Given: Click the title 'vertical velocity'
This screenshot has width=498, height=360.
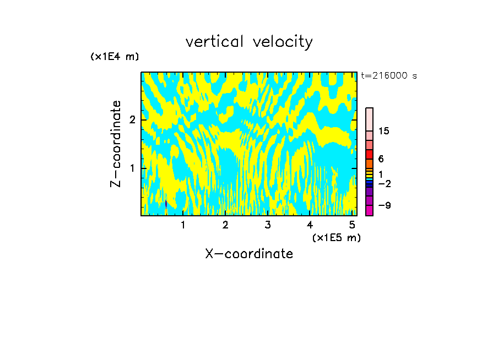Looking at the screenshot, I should [249, 42].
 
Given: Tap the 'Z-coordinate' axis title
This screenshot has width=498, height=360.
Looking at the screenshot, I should [116, 144].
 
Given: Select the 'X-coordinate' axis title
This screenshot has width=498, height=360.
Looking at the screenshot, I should [249, 254].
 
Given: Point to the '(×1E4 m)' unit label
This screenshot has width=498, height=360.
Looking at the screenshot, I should [115, 57].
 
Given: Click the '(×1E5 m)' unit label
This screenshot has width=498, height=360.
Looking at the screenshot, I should [336, 237].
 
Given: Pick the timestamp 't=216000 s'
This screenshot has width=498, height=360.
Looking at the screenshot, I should [389, 76].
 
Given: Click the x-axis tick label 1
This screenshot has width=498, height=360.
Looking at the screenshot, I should [183, 225].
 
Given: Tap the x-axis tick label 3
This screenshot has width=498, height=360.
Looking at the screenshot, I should [268, 225].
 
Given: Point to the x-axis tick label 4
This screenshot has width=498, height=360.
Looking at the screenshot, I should [310, 225].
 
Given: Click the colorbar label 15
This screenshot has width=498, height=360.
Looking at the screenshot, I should [384, 131].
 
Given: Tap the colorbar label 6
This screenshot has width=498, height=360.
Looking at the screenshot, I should [381, 159].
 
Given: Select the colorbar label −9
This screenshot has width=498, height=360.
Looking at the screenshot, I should [384, 205].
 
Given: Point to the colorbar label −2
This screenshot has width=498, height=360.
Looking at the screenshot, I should [384, 183].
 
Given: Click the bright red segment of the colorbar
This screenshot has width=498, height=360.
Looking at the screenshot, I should [369, 155].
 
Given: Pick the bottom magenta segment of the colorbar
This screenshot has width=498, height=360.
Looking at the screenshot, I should [369, 210].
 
